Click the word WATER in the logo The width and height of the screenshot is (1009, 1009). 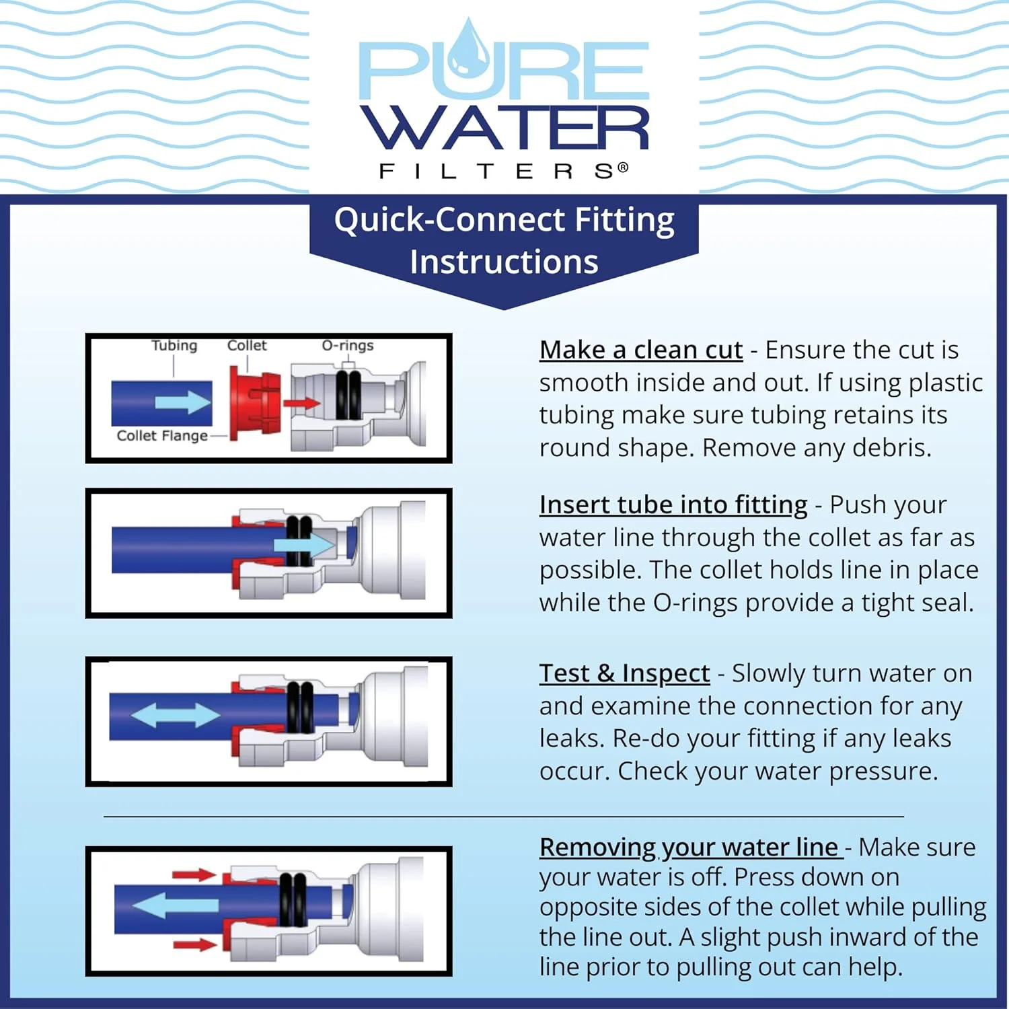click(x=504, y=128)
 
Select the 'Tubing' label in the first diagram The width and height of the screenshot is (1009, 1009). click(x=174, y=346)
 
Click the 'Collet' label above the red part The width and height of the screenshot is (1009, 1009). click(x=247, y=346)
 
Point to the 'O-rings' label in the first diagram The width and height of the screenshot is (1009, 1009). click(x=347, y=346)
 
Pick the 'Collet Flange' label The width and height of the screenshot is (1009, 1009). click(x=162, y=436)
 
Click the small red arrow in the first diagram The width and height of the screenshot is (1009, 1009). click(x=301, y=404)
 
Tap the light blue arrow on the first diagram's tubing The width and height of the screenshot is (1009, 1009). click(x=183, y=402)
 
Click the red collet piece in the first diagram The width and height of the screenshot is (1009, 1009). click(x=253, y=403)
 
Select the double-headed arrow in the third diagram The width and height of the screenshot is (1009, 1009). click(x=176, y=714)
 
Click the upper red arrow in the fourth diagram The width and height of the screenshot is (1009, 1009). click(x=194, y=874)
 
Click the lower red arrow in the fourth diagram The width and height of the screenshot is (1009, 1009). click(x=194, y=945)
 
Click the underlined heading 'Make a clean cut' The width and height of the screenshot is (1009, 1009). click(x=640, y=350)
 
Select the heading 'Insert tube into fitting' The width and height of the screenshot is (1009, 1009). click(x=673, y=505)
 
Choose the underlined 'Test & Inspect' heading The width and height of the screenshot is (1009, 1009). click(x=624, y=673)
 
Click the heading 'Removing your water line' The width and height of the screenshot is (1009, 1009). click(x=690, y=848)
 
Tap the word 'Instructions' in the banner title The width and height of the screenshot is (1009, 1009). click(x=504, y=262)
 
